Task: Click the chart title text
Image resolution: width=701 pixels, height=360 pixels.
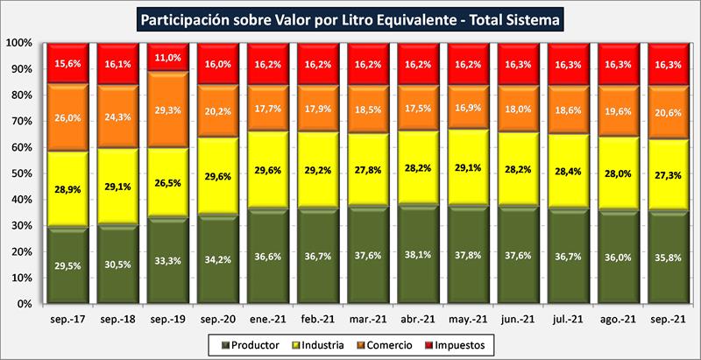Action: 350,18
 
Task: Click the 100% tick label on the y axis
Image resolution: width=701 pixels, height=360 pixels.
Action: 18,43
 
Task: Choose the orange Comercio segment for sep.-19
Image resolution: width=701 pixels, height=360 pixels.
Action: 171,109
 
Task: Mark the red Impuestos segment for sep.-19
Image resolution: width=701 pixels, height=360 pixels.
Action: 171,58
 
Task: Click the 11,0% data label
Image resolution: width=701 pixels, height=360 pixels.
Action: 171,57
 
